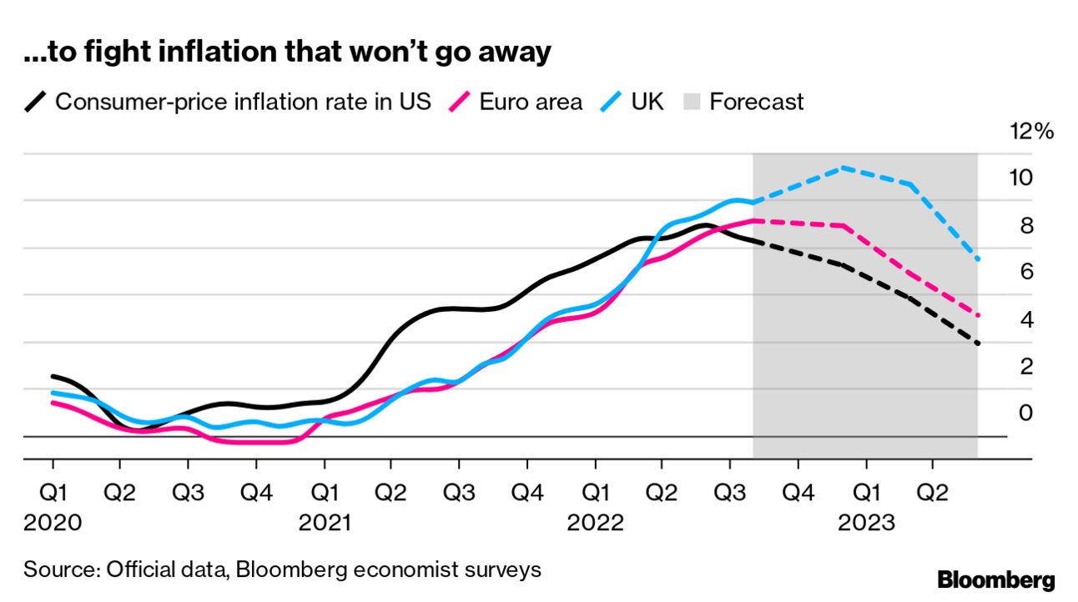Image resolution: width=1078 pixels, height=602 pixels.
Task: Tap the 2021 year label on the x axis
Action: point(325,524)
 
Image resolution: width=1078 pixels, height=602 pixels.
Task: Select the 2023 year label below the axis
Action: point(867,524)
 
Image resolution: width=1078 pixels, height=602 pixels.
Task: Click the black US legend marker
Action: point(36,103)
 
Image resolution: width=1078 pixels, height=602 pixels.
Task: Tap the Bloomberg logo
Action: point(996,580)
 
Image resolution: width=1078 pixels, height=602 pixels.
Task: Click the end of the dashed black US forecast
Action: point(977,344)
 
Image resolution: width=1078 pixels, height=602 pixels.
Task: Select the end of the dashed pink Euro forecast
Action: point(977,316)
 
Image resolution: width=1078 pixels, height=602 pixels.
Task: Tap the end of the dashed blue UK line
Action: point(977,260)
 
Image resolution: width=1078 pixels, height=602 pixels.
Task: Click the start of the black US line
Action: point(53,376)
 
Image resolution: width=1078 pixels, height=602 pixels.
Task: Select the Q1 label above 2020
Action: point(53,494)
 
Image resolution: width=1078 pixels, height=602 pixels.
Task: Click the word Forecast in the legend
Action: point(757,103)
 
